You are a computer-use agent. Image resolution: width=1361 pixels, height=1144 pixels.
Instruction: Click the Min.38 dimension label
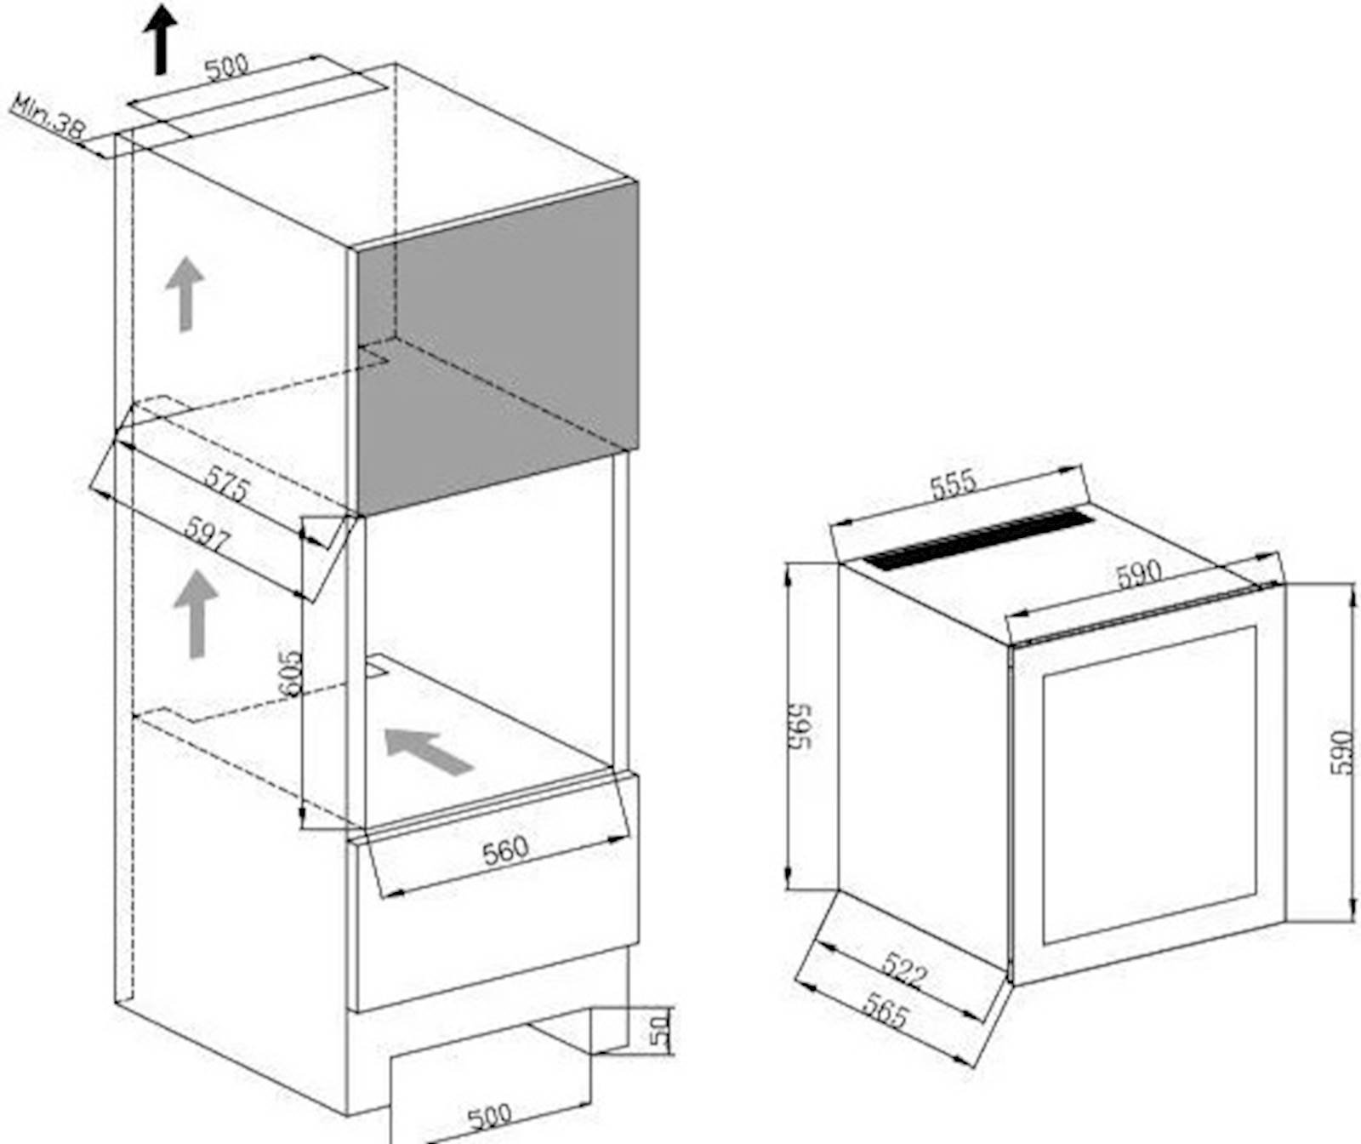tap(48, 117)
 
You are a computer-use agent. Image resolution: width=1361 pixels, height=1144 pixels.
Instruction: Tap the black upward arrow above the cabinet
tap(160, 38)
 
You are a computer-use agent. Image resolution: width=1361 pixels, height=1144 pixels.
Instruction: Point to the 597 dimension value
tap(208, 536)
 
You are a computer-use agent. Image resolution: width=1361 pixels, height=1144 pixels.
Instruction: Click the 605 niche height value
tap(291, 674)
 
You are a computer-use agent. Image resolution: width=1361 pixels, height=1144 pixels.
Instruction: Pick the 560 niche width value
tap(505, 849)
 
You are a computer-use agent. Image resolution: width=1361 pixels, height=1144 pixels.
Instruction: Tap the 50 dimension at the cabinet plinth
tap(660, 1029)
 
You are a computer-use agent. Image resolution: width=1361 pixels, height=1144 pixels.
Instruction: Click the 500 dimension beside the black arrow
tap(226, 66)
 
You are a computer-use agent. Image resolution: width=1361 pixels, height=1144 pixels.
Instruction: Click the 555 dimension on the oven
tap(953, 483)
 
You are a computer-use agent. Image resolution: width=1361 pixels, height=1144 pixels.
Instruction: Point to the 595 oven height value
tap(800, 726)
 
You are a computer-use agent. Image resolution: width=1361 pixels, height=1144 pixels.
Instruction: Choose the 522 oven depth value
tap(903, 970)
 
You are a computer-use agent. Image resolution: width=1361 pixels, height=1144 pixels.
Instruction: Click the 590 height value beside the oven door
tap(1341, 752)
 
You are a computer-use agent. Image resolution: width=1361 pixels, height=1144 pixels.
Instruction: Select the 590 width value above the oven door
tap(1138, 574)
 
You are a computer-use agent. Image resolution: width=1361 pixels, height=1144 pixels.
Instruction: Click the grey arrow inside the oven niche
tap(429, 751)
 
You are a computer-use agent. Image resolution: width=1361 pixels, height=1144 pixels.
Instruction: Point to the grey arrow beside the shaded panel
tap(185, 294)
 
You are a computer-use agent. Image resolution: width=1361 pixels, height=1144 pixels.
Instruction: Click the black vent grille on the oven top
tap(978, 539)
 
